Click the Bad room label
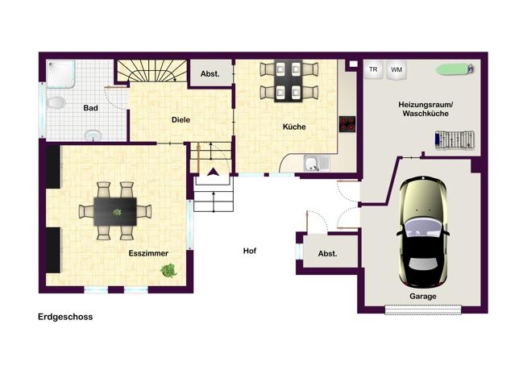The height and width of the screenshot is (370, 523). tap(90, 108)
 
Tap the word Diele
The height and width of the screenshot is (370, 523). tap(181, 120)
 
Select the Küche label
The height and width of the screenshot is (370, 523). tap(294, 127)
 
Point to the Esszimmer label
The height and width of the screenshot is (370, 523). tap(148, 253)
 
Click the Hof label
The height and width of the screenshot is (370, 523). tap(250, 251)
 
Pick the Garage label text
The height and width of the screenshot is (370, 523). tap(423, 297)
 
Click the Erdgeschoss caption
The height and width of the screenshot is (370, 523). tap(65, 317)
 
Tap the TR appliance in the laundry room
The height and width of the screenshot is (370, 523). tap(373, 70)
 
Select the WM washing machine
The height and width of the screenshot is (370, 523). tap(396, 70)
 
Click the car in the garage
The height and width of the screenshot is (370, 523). tap(423, 232)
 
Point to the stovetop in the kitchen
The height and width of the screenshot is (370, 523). tap(347, 124)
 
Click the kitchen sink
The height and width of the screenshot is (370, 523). tap(312, 164)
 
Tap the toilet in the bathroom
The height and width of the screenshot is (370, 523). tap(55, 102)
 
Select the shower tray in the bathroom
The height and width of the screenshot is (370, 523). tap(60, 74)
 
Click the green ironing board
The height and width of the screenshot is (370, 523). tap(455, 69)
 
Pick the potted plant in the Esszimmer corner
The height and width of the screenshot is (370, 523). tap(168, 271)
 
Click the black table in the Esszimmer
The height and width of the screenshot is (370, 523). tap(115, 211)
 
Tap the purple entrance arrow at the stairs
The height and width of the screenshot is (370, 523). tap(214, 172)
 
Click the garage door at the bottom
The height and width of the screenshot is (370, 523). tap(423, 310)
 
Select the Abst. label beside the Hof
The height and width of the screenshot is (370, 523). tap(327, 254)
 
